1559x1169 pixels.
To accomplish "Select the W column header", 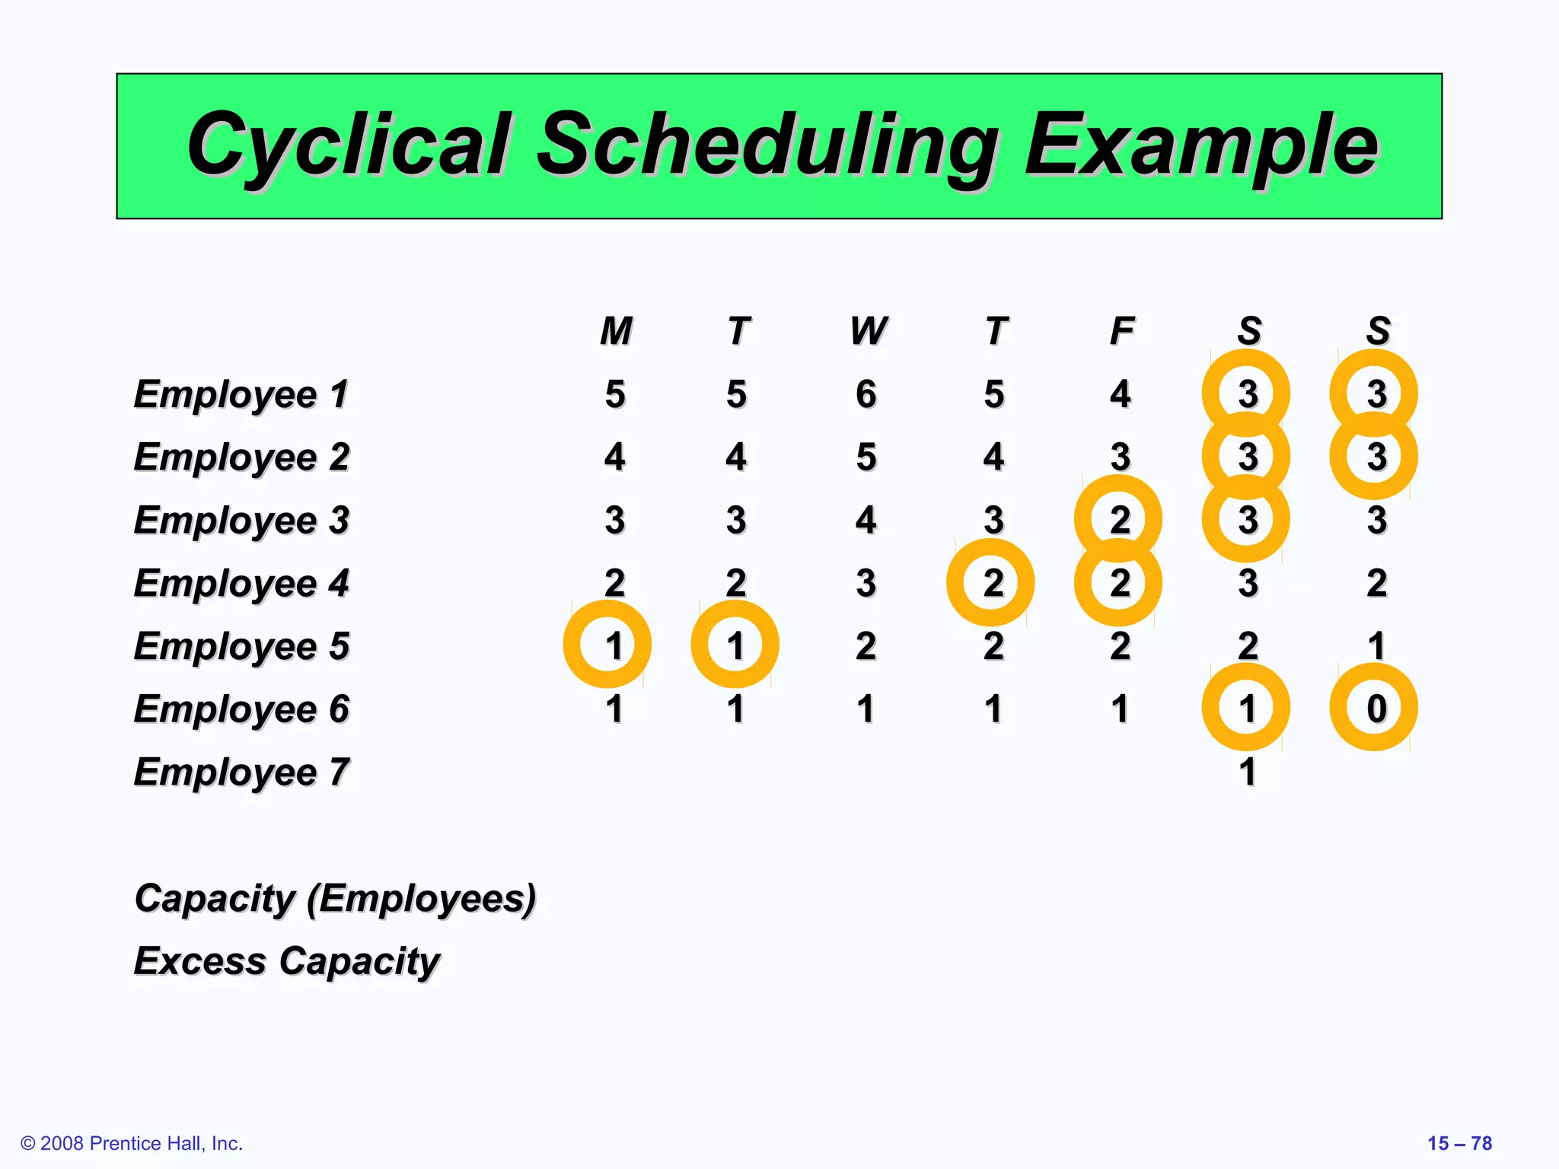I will (x=868, y=331).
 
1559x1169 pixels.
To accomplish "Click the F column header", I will (x=1121, y=331).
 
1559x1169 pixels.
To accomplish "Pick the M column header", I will (x=616, y=331).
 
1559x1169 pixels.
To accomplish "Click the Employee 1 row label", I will (x=241, y=395).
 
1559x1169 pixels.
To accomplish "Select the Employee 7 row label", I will (x=241, y=772).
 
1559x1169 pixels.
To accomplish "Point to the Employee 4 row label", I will (x=241, y=584).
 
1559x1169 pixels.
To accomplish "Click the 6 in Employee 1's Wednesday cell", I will (x=866, y=394).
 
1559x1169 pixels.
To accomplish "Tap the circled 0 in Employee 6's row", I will (x=1376, y=709).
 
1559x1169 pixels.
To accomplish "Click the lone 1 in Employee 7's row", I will (x=1247, y=772).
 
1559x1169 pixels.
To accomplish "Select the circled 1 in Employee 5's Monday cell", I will (x=614, y=645).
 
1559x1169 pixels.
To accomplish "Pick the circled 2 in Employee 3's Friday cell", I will (x=1120, y=520).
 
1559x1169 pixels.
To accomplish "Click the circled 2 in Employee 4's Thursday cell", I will (x=993, y=583).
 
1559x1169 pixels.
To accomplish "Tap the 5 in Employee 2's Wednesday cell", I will (x=866, y=457).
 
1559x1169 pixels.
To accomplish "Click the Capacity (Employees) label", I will (x=335, y=899).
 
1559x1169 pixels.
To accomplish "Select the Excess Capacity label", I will (x=287, y=961).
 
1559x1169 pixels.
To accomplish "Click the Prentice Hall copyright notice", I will (x=132, y=1143).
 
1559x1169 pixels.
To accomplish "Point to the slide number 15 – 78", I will (x=1459, y=1143).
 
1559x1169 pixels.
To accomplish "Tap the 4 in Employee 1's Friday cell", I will (x=1120, y=394).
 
